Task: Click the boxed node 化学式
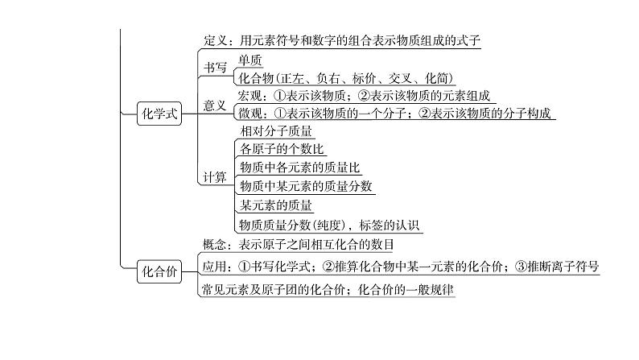(157, 114)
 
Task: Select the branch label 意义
(215, 106)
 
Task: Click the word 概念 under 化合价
(212, 245)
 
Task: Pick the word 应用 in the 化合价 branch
(212, 267)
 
